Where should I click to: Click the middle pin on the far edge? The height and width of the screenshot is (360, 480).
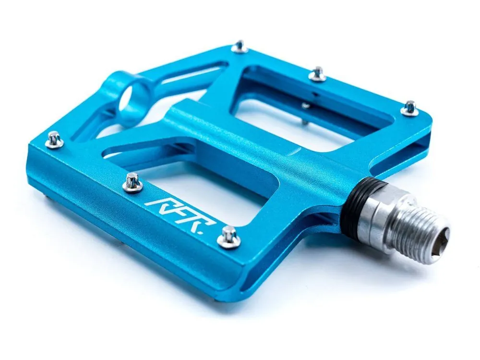[318, 74]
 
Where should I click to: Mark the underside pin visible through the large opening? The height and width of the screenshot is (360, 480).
[306, 106]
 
